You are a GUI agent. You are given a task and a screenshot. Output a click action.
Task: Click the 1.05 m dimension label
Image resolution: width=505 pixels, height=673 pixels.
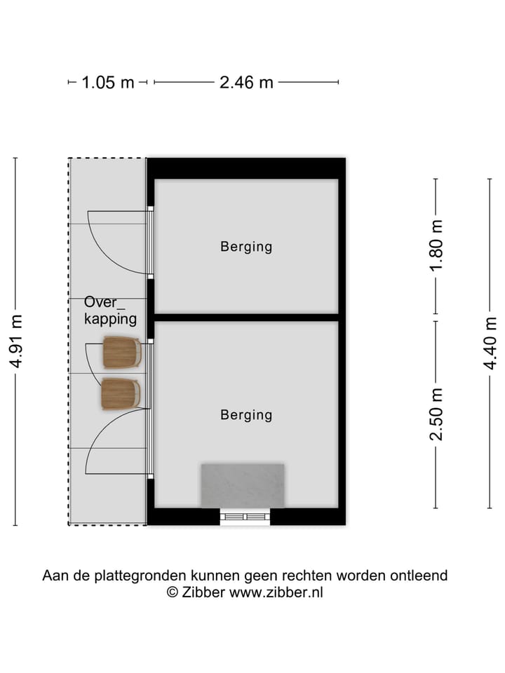[107, 83]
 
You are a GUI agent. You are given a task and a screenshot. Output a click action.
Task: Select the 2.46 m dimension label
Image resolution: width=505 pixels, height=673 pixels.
[246, 83]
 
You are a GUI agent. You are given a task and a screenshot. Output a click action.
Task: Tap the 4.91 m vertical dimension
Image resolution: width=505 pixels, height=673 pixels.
[16, 341]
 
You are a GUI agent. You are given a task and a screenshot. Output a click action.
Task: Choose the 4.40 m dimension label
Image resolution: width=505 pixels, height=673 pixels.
[490, 343]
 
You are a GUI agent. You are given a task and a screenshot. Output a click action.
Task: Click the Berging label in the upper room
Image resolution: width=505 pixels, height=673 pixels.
[246, 247]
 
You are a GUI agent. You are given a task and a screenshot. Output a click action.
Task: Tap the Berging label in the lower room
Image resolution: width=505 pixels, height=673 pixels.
[246, 415]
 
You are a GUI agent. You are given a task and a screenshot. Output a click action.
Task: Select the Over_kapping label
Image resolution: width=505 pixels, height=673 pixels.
[109, 311]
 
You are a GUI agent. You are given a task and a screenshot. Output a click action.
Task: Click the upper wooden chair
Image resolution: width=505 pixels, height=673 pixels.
[121, 353]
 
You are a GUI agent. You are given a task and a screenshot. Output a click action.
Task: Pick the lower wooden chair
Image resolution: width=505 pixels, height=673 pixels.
[121, 394]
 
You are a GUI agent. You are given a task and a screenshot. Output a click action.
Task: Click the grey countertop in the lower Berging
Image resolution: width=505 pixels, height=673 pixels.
[243, 485]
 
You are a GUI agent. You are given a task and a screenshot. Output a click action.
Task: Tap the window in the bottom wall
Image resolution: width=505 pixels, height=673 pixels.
[245, 517]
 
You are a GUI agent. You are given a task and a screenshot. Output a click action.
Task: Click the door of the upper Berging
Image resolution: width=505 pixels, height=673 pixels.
[150, 241]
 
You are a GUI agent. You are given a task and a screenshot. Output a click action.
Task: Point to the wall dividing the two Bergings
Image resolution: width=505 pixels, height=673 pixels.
[246, 318]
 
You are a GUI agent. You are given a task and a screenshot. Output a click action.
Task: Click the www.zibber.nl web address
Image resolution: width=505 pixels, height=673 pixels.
[276, 592]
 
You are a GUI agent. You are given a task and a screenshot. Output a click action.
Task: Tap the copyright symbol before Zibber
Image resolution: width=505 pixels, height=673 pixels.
[172, 592]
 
